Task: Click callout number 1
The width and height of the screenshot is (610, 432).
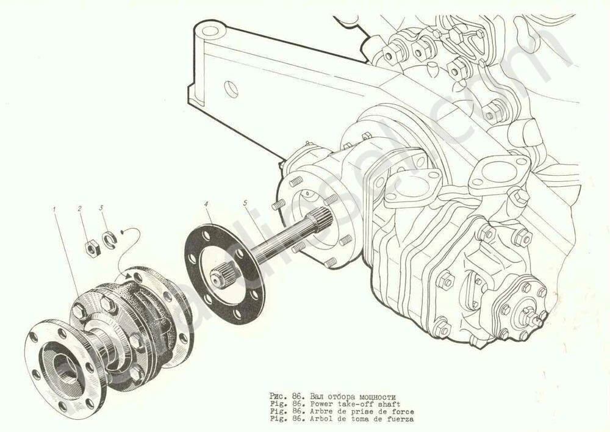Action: pyautogui.click(x=54, y=209)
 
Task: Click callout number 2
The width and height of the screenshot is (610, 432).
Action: pyautogui.click(x=80, y=209)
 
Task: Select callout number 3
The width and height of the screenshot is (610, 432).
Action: pyautogui.click(x=101, y=208)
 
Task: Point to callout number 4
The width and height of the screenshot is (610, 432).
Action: pyautogui.click(x=206, y=204)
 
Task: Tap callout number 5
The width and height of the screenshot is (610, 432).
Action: pyautogui.click(x=245, y=203)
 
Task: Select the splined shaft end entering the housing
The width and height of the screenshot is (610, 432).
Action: pyautogui.click(x=319, y=220)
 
